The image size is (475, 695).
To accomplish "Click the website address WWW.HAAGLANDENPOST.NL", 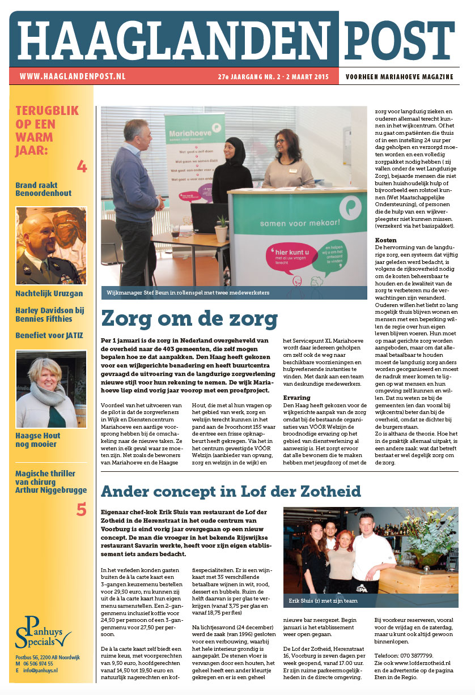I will point(73,76).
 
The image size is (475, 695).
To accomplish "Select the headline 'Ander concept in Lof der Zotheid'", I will point(232,490).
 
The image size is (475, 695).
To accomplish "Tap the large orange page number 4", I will point(82,166).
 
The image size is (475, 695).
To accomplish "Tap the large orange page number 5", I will point(82,509).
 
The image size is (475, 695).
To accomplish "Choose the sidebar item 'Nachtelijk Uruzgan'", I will point(49,293).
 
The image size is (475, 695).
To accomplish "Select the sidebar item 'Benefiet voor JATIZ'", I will point(49,335).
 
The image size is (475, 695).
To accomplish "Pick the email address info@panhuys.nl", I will point(40,671).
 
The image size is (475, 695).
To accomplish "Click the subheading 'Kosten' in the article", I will point(386,241).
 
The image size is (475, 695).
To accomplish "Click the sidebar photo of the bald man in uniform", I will point(51,245).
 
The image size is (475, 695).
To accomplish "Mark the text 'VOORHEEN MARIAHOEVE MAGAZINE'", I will point(400,76).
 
